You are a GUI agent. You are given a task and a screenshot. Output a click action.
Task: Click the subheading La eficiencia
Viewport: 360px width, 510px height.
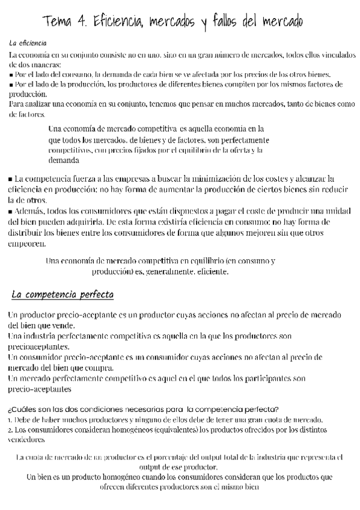[29, 44]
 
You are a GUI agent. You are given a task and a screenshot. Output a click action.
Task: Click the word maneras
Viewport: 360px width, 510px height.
[44, 65]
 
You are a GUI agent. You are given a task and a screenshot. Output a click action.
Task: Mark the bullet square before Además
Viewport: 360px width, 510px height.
[11, 212]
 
